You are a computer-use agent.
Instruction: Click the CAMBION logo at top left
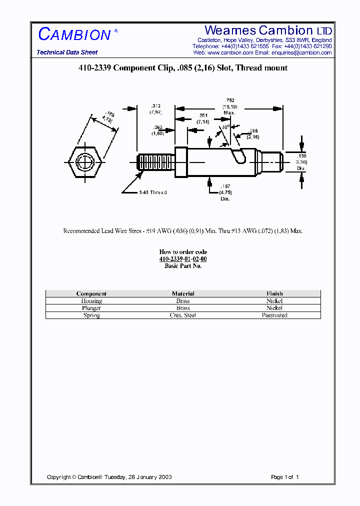tap(75, 34)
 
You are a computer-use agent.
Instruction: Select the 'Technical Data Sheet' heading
tap(67, 52)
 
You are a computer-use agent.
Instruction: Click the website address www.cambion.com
tap(230, 52)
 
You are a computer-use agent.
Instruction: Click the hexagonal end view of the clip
tap(85, 162)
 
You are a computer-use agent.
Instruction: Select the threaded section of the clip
tap(155, 162)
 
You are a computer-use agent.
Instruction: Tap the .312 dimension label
tap(155, 108)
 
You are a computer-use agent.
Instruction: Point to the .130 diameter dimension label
tap(301, 162)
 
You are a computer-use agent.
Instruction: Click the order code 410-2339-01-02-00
tap(183, 259)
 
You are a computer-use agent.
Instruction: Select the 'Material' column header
tap(183, 294)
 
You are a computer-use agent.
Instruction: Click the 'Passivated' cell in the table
tap(274, 315)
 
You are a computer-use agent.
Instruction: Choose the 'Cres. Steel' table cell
tap(183, 315)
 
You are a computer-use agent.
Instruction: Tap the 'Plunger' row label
tap(91, 308)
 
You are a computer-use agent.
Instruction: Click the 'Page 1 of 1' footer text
tap(284, 477)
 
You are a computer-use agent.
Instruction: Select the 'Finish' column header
tap(274, 294)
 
